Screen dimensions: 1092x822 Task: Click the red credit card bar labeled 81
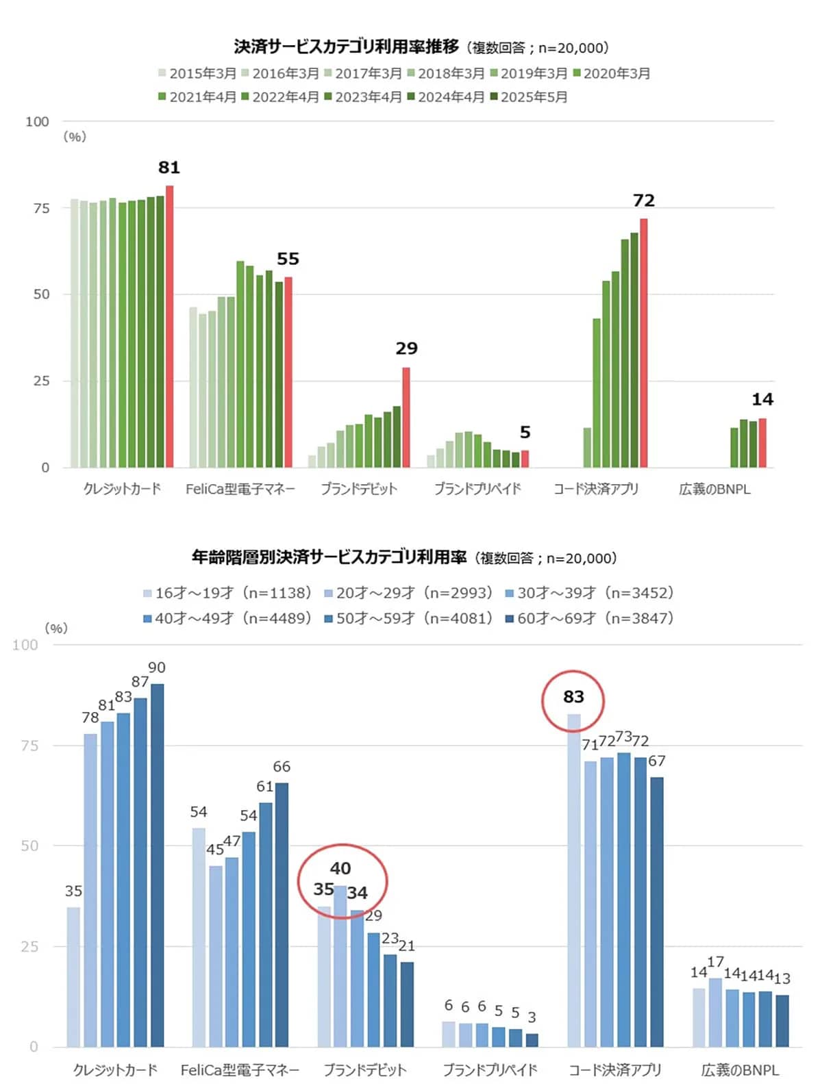coord(169,327)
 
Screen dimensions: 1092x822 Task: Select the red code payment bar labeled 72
coord(643,343)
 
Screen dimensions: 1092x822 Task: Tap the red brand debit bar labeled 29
coord(406,418)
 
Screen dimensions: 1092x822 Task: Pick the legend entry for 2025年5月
coord(529,97)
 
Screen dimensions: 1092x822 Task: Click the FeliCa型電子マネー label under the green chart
coord(240,489)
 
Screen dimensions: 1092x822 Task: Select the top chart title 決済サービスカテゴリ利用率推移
coord(346,47)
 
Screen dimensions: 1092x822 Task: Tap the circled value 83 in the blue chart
coord(573,697)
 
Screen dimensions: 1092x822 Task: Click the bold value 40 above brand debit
coord(340,868)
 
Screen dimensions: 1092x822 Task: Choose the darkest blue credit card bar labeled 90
coord(157,865)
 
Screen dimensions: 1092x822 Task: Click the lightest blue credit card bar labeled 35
coord(73,977)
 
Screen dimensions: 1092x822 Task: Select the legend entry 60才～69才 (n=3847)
coord(589,618)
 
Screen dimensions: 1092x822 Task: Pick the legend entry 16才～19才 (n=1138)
coord(227,593)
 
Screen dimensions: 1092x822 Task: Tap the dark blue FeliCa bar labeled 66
coord(282,915)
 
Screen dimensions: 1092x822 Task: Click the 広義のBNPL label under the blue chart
coord(740,1069)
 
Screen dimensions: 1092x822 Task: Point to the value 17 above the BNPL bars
coord(715,962)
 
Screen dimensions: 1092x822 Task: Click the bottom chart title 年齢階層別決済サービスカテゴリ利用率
coord(329,557)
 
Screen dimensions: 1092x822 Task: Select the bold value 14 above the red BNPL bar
coord(762,399)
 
